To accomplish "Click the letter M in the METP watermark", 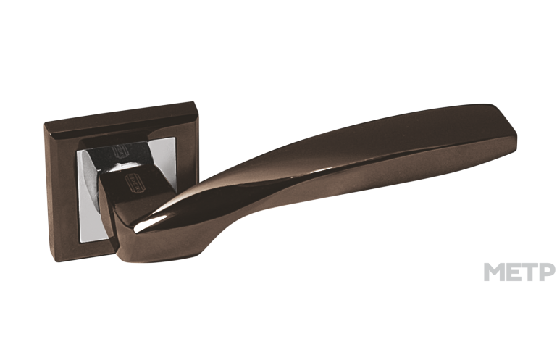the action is point(494,272).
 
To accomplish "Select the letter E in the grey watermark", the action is point(514,272).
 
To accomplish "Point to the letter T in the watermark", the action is point(529,272).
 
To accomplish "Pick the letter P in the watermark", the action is point(547,272).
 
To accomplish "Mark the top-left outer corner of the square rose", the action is point(44,123).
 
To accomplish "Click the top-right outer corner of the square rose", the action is point(195,102).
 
